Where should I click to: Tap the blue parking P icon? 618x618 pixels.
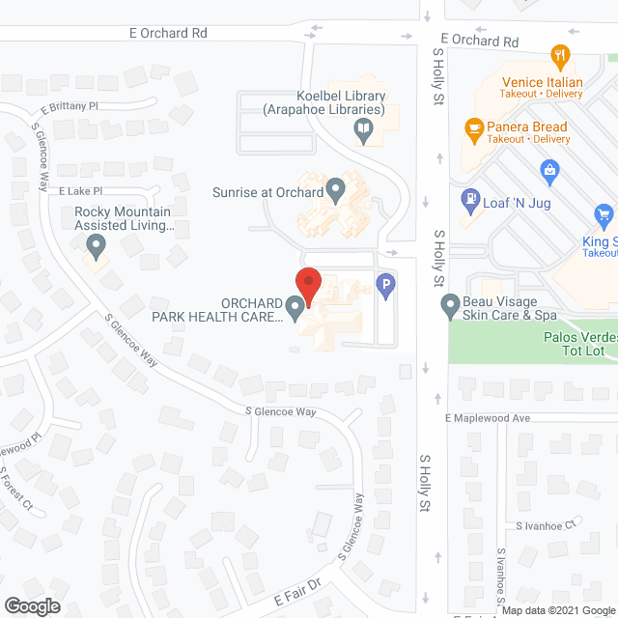[x=385, y=287]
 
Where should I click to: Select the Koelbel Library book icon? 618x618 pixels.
[x=364, y=128]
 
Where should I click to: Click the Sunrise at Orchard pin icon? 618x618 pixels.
[x=336, y=189]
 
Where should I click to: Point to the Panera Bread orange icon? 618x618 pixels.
[x=474, y=127]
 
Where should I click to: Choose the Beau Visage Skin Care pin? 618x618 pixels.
[x=450, y=308]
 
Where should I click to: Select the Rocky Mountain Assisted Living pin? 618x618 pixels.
[x=96, y=248]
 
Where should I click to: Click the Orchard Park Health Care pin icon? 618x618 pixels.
[x=295, y=308]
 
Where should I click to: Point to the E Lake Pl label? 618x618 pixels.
[x=79, y=192]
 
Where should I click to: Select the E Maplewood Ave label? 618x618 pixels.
[x=488, y=418]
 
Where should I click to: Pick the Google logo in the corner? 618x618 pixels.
[x=31, y=605]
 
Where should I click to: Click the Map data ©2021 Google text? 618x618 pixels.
[x=557, y=610]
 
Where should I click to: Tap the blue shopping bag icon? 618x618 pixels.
[x=550, y=173]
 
